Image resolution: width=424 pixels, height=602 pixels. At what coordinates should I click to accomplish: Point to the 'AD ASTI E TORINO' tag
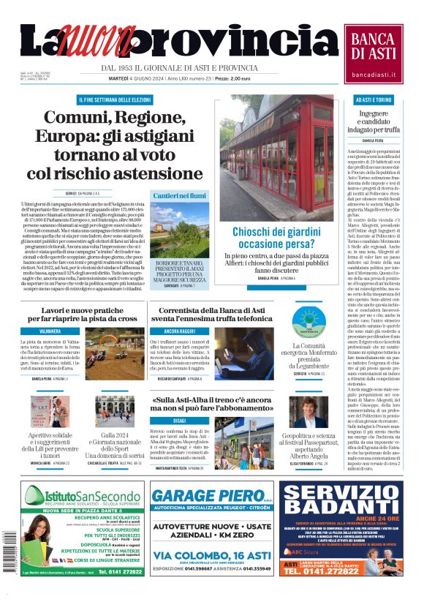pyautogui.click(x=373, y=99)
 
